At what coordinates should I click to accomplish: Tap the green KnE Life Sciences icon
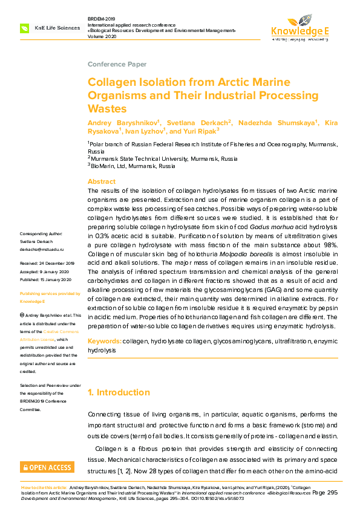click(25, 28)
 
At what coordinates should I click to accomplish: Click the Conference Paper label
click(117, 64)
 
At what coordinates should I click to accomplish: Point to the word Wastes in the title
click(107, 109)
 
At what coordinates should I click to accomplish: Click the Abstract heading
click(102, 181)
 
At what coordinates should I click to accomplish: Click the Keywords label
click(105, 342)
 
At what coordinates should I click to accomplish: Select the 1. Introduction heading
click(119, 392)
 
